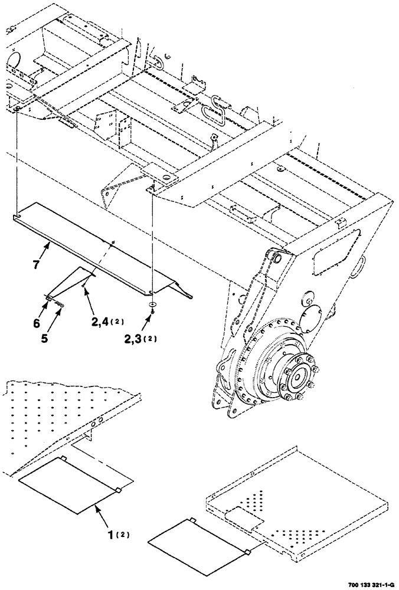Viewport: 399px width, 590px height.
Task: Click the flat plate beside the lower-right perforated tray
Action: (x=197, y=540)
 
